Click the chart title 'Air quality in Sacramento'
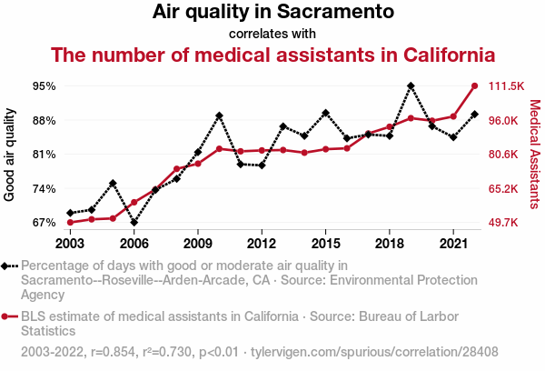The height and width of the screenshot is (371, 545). coord(272,13)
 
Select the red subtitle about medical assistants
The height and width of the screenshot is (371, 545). coord(272,54)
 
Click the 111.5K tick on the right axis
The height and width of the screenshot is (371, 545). coord(507,86)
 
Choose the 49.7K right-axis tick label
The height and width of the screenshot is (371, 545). coord(505,223)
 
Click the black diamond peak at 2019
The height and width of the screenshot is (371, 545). coord(411,86)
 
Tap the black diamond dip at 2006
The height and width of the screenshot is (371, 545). coord(134,222)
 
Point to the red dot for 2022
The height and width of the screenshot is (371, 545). coord(474,86)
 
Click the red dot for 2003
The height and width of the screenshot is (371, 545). coord(70,222)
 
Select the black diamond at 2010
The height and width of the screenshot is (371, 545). coord(219,116)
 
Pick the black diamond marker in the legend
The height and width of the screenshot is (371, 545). coord(10,266)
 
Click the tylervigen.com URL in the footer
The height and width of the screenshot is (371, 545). coord(373,351)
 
